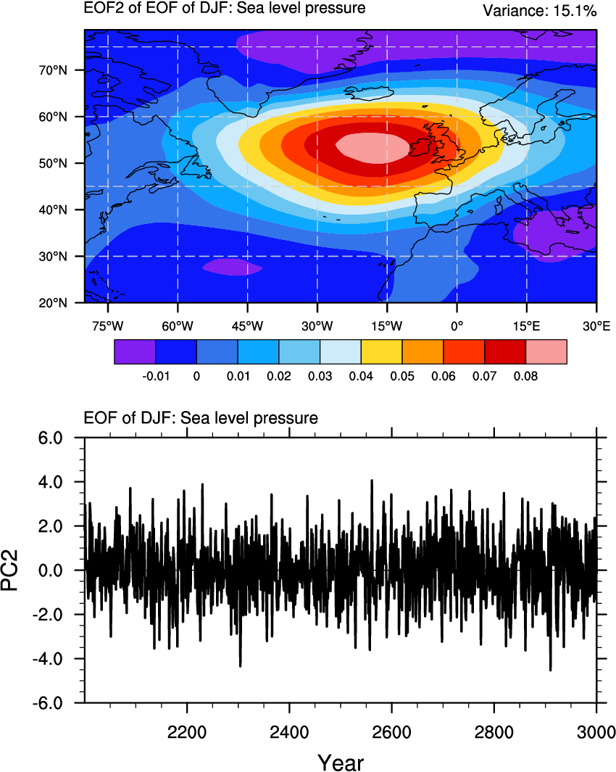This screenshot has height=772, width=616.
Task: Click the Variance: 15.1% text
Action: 539,11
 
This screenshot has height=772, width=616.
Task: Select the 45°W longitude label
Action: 246,326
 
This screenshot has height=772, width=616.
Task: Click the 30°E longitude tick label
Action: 596,326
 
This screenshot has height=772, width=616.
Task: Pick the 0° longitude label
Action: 456,326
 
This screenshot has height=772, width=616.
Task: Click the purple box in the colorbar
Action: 135,352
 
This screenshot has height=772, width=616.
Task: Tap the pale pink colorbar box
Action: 546,352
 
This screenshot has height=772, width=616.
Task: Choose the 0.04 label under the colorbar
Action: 361,376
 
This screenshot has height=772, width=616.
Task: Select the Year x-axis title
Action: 341,762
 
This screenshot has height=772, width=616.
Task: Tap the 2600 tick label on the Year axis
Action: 391,729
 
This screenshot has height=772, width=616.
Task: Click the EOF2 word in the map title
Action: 101,9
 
